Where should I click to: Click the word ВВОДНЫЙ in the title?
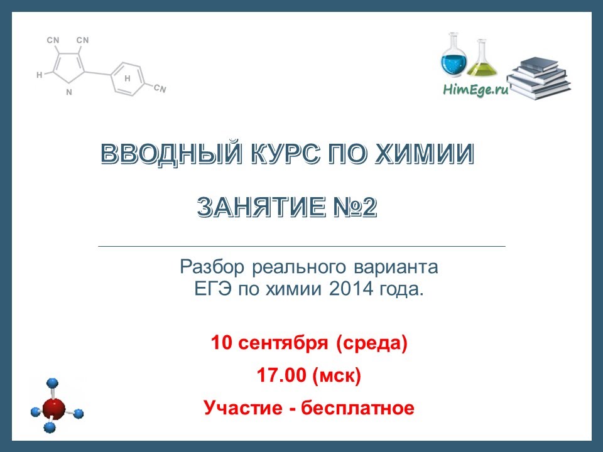coord(171,154)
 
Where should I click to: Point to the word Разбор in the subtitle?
coord(212,267)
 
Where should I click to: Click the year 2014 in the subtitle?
coord(350,289)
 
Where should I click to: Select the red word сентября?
coord(283,343)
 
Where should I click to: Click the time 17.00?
coord(281,375)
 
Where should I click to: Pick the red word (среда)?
coord(371,343)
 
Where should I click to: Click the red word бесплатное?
coord(357,408)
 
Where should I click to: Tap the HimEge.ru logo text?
coord(475,90)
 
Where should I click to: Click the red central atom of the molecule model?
coord(54,409)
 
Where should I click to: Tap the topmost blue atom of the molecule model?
coord(52,383)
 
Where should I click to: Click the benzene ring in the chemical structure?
coord(128,79)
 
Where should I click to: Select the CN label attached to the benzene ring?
coord(160,89)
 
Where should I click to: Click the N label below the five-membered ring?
coord(69,92)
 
